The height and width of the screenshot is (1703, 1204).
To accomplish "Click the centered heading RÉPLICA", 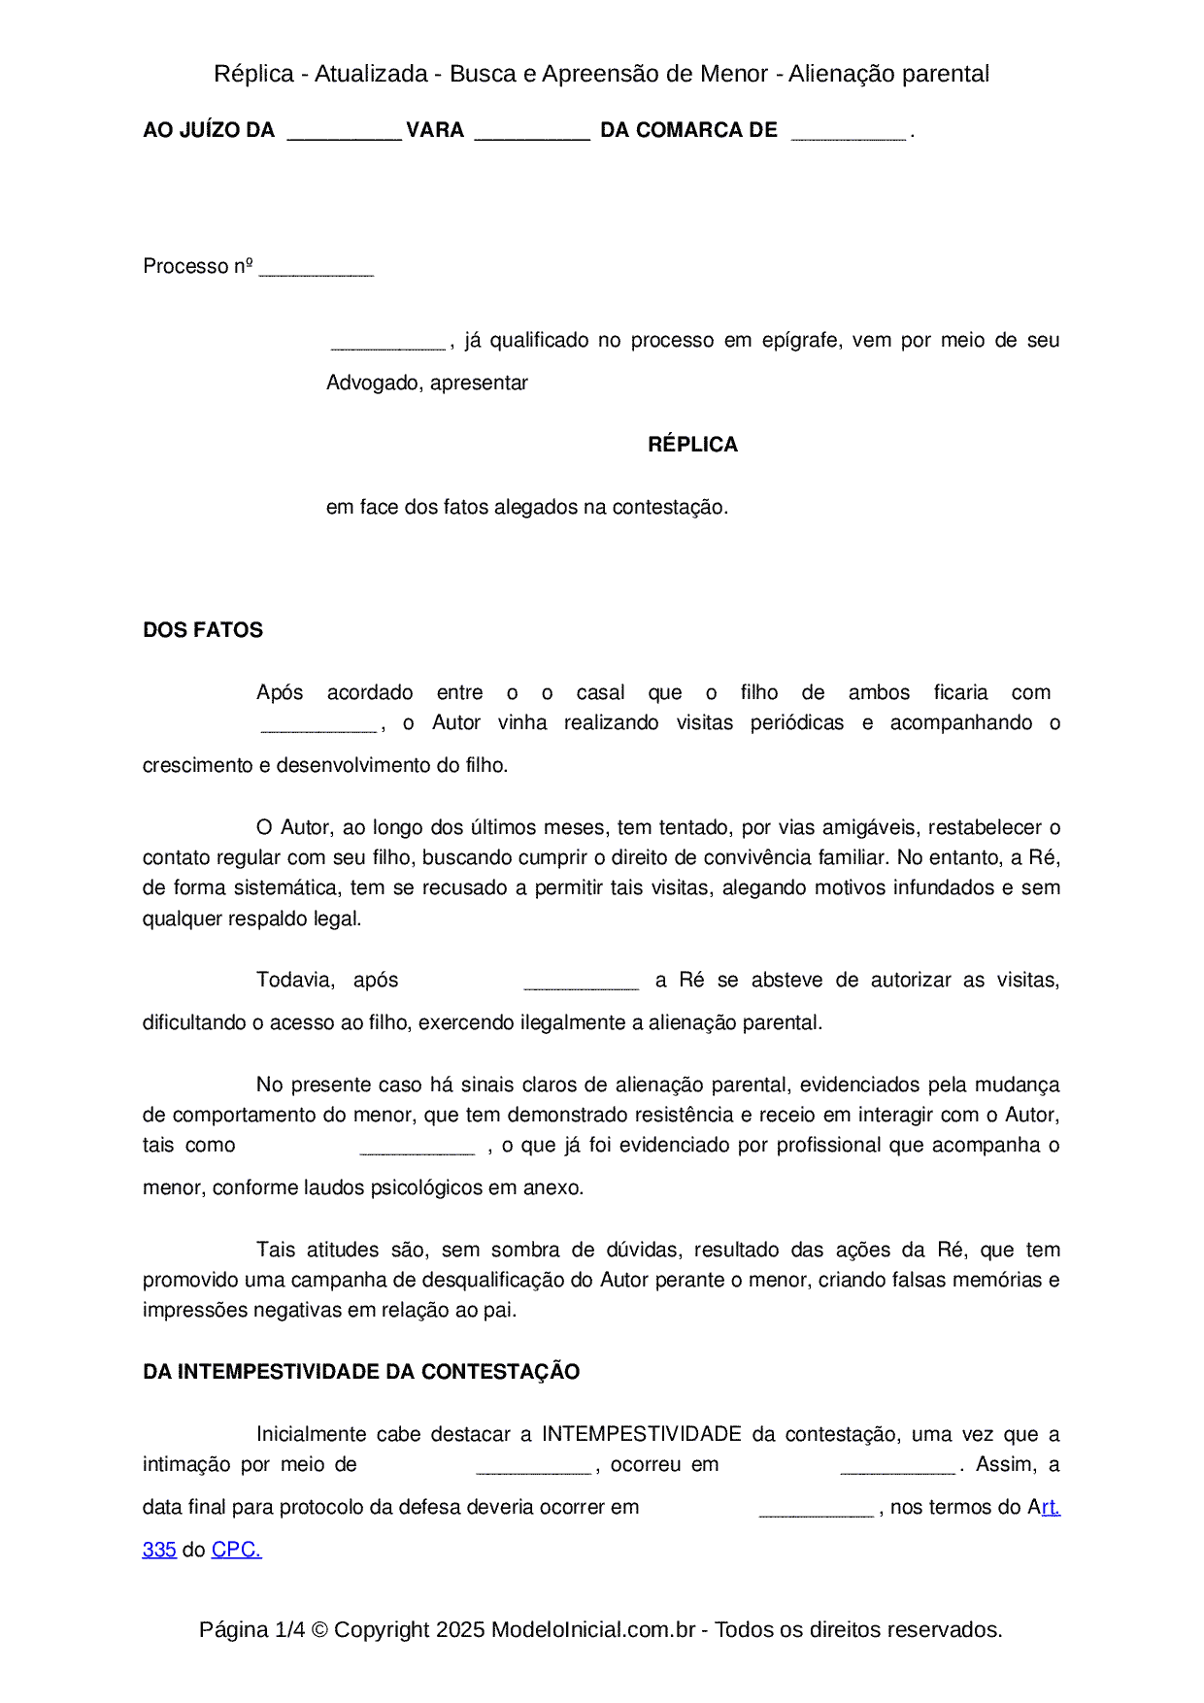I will tap(692, 445).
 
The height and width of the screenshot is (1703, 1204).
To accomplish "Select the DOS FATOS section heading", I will tap(203, 630).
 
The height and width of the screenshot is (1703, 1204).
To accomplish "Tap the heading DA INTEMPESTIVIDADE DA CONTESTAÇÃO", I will tap(361, 1372).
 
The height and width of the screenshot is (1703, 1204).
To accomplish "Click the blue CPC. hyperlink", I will tap(236, 1550).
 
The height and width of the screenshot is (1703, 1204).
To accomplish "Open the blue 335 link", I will tap(159, 1550).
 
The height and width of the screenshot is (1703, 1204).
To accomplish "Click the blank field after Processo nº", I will tap(317, 269).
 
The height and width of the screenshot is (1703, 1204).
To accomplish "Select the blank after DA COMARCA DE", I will tap(849, 132).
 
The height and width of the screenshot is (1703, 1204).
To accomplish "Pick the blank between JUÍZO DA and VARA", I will tap(344, 132).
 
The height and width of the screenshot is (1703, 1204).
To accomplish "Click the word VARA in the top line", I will tap(434, 130).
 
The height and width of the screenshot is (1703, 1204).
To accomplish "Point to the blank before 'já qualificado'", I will tap(388, 342).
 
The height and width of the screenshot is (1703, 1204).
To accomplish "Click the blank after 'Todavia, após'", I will tap(581, 983).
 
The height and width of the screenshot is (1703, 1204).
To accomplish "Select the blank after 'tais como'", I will tap(417, 1148).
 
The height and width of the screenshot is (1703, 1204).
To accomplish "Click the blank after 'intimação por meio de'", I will tap(533, 1467).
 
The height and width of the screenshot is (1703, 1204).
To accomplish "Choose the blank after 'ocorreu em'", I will tap(897, 1467).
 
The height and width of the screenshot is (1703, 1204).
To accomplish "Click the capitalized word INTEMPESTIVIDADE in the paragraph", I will tap(641, 1434).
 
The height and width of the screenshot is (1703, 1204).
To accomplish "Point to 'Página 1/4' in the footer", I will tap(251, 1629).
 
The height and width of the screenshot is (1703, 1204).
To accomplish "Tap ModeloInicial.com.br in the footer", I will tap(592, 1629).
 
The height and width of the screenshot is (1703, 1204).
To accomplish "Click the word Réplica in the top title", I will tap(253, 74).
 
